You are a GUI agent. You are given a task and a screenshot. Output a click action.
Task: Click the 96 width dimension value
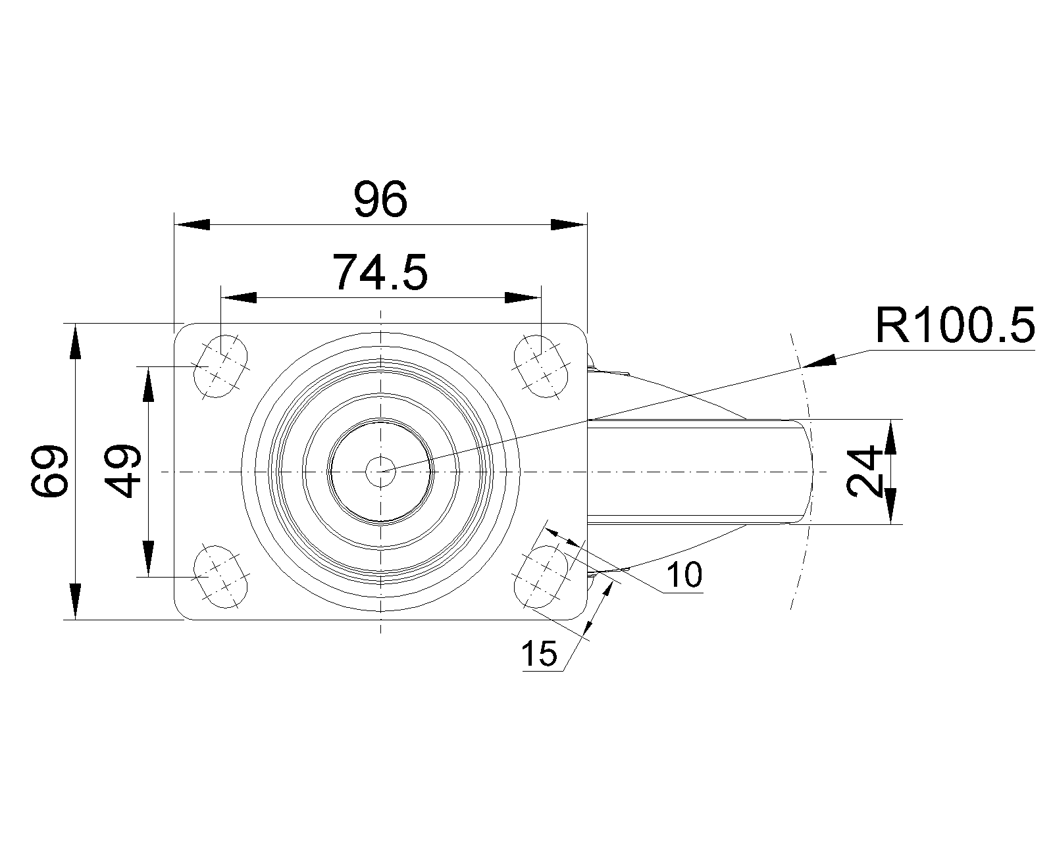click(x=381, y=200)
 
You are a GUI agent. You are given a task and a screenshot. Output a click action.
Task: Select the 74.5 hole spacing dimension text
click(x=380, y=272)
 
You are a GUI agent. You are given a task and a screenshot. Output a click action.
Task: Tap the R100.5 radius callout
click(x=954, y=324)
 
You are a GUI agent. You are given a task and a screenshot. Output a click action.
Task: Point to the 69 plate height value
click(x=50, y=470)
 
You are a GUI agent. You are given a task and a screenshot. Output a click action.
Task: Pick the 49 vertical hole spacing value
click(x=123, y=471)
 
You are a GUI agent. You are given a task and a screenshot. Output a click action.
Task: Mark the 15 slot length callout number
click(x=539, y=654)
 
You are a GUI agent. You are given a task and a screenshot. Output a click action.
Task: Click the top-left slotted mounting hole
click(x=222, y=366)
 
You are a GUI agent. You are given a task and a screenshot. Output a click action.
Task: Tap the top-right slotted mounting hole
click(x=540, y=366)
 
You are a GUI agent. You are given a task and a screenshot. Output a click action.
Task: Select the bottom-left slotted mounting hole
click(x=222, y=577)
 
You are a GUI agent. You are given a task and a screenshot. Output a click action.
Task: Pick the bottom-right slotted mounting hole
click(x=540, y=577)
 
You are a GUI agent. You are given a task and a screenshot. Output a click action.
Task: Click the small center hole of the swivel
click(x=380, y=471)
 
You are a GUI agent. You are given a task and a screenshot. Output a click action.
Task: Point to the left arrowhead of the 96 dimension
click(x=192, y=224)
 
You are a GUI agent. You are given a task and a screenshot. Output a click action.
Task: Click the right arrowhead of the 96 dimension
click(x=567, y=224)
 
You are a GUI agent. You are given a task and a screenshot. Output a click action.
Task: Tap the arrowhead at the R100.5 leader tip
click(x=819, y=361)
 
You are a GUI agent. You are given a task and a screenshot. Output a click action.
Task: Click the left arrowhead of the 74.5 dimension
click(x=238, y=298)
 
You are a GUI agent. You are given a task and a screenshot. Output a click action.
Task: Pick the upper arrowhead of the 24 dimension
click(x=890, y=438)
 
